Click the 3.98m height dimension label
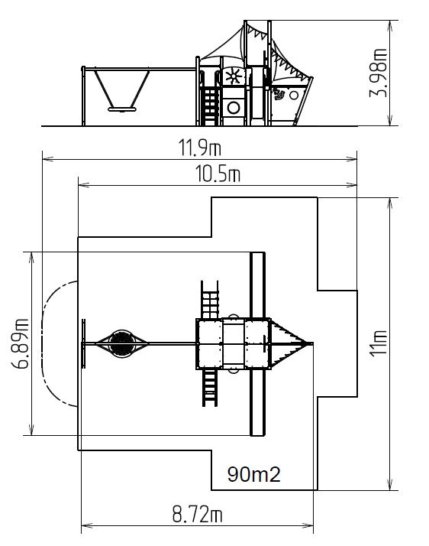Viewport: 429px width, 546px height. pyautogui.click(x=378, y=73)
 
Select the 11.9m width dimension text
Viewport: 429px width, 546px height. pyautogui.click(x=200, y=148)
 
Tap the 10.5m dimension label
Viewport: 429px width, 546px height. pyautogui.click(x=218, y=174)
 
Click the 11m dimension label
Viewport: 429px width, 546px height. pyautogui.click(x=379, y=343)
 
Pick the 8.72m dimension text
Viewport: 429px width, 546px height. pyautogui.click(x=197, y=515)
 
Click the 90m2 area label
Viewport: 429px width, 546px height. pyautogui.click(x=253, y=474)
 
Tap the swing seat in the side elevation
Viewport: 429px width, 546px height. pyautogui.click(x=121, y=109)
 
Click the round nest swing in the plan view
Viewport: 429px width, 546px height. pyautogui.click(x=122, y=343)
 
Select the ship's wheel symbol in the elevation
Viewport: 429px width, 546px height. pyautogui.click(x=234, y=76)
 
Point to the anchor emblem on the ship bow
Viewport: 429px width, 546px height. pyautogui.click(x=279, y=93)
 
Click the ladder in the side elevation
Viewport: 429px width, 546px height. pyautogui.click(x=210, y=106)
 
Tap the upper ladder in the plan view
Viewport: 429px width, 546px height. pyautogui.click(x=210, y=300)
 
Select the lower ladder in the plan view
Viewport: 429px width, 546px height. pyautogui.click(x=210, y=387)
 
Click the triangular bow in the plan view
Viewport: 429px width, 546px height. pyautogui.click(x=288, y=343)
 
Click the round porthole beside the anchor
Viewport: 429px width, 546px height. pyautogui.click(x=294, y=95)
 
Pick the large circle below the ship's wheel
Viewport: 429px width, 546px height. pyautogui.click(x=234, y=108)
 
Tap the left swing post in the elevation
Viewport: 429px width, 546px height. pyautogui.click(x=83, y=96)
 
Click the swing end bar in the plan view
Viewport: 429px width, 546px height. pyautogui.click(x=83, y=343)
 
